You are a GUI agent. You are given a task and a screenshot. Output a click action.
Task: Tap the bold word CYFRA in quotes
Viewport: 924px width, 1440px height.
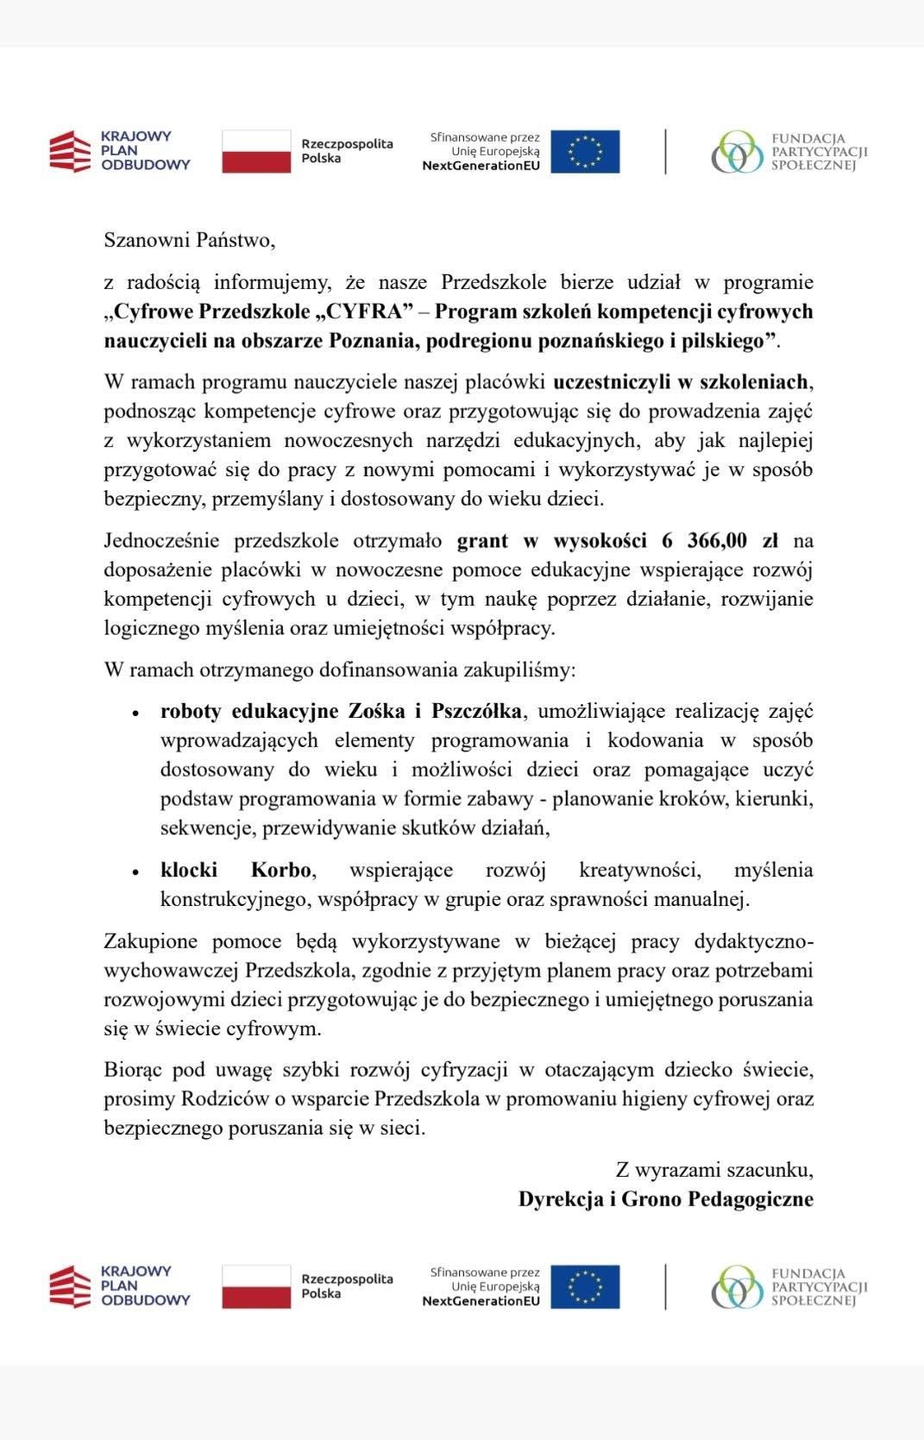pyautogui.click(x=361, y=311)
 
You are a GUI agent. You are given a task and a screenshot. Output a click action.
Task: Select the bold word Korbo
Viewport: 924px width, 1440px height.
pyautogui.click(x=281, y=870)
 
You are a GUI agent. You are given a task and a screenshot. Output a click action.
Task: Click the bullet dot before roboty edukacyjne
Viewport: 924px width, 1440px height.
pyautogui.click(x=135, y=714)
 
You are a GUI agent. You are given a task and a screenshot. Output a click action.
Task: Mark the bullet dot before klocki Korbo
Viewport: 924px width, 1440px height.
pyautogui.click(x=135, y=872)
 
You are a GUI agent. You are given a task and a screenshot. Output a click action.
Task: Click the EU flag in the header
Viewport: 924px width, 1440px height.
pyautogui.click(x=585, y=152)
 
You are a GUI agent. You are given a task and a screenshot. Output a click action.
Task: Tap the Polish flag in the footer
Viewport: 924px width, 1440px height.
pyautogui.click(x=256, y=1286)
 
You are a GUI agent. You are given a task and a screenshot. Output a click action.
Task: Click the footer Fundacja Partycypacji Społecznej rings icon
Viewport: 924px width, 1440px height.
pyautogui.click(x=737, y=1286)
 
